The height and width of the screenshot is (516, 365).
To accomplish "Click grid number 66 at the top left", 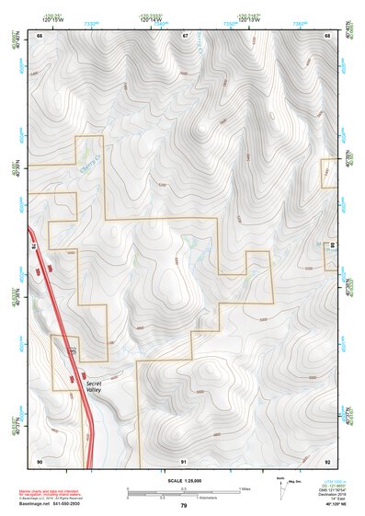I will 40,35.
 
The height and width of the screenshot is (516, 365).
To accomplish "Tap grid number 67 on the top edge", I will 185,35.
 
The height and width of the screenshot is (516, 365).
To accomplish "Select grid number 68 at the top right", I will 327,35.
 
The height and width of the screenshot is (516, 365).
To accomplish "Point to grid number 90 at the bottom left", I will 40,460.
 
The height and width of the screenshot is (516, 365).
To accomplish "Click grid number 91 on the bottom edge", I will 184,460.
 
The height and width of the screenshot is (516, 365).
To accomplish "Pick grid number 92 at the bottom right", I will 327,460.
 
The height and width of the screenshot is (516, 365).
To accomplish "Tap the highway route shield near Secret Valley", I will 73,350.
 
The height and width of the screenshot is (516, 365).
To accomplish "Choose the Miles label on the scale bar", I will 245,488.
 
